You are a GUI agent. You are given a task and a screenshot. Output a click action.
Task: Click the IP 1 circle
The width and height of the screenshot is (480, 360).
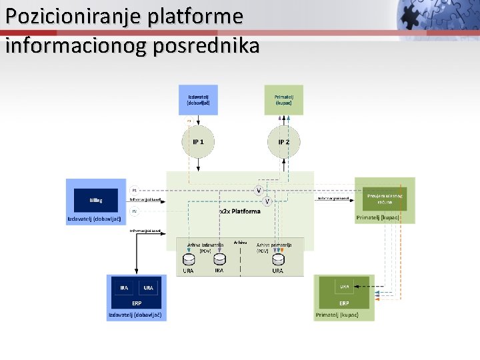coord(198,141)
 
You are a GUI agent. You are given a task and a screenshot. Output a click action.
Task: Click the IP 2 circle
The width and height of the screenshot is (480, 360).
coord(283,141)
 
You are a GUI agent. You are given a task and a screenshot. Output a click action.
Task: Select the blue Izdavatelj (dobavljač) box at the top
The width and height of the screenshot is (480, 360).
coord(198,99)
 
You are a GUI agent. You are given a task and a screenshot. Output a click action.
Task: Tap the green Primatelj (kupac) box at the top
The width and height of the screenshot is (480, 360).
coord(283,99)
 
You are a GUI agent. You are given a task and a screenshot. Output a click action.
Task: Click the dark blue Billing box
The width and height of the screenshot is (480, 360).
coord(96,199)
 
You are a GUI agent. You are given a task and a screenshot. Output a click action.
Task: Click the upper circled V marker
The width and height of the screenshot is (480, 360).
coord(259,190)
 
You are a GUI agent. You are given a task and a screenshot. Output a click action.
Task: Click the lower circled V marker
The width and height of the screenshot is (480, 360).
coord(267,201)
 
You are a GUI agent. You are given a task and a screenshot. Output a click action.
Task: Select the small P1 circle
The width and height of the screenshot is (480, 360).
coord(134,190)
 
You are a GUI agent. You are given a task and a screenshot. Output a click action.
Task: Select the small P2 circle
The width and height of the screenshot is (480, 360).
coord(134,211)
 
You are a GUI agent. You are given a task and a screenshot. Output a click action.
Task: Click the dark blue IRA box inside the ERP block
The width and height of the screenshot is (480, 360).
coord(124,287)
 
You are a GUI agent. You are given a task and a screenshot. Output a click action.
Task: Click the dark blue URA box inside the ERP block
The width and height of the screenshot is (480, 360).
coord(148,287)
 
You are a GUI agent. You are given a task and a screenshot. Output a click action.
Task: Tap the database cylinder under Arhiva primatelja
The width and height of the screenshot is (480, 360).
coord(277,259)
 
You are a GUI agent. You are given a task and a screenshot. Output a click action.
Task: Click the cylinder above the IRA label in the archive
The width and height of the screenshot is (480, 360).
coord(219,259)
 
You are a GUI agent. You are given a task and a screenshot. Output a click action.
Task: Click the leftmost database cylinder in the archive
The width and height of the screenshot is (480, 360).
coord(189,259)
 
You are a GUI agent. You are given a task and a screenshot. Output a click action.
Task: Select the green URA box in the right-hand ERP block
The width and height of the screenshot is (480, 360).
coord(345,287)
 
